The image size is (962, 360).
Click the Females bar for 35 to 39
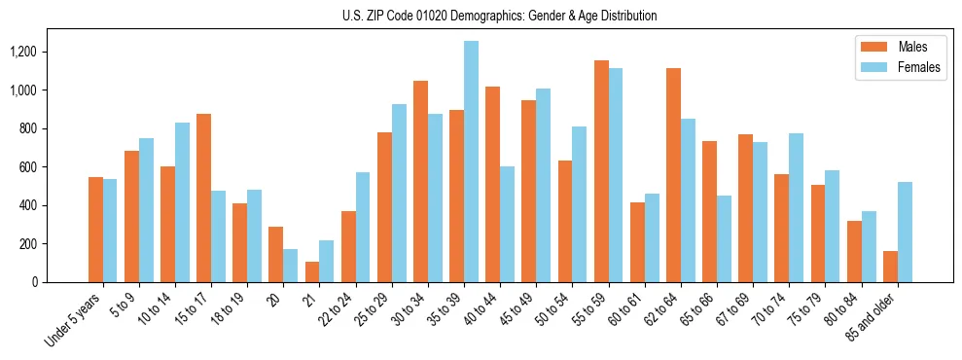point(471,162)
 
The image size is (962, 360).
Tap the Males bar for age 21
point(312,271)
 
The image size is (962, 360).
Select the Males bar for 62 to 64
point(673,175)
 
